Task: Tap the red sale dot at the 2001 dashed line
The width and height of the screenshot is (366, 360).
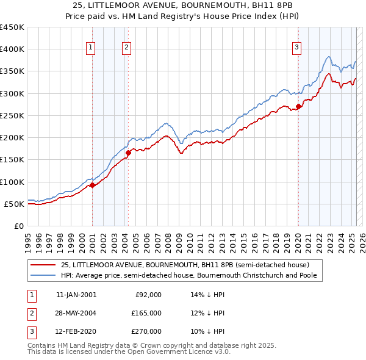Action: pyautogui.click(x=92, y=185)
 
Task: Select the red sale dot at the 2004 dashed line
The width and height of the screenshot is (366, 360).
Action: pyautogui.click(x=128, y=153)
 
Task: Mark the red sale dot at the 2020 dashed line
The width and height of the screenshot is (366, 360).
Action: pyautogui.click(x=298, y=107)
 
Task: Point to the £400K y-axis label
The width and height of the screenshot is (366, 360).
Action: pyautogui.click(x=12, y=49)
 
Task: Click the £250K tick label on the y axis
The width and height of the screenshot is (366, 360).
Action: pyautogui.click(x=12, y=115)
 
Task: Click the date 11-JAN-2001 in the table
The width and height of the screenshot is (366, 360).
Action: pyautogui.click(x=76, y=295)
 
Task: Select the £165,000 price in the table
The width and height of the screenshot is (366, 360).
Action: pyautogui.click(x=146, y=313)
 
